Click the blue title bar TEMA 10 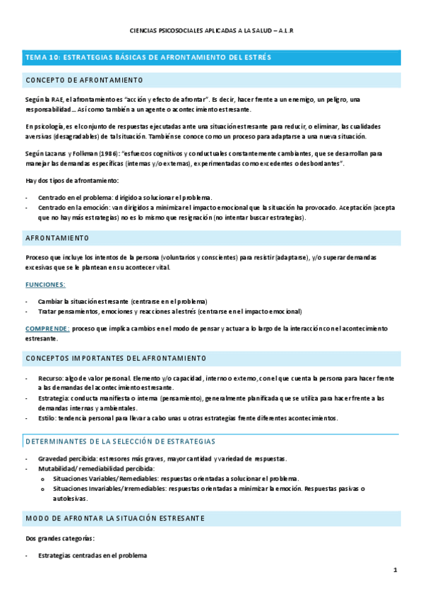[x=148, y=57]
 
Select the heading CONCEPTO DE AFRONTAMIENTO [x=84, y=80]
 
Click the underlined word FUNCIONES [x=45, y=284]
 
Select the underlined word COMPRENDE [x=47, y=328]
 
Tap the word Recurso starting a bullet [x=52, y=379]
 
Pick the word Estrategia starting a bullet [x=54, y=398]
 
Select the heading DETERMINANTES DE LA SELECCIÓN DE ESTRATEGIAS [x=120, y=441]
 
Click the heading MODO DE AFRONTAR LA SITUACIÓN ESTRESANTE [x=115, y=518]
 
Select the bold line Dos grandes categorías [x=59, y=538]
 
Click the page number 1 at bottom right [x=395, y=569]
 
